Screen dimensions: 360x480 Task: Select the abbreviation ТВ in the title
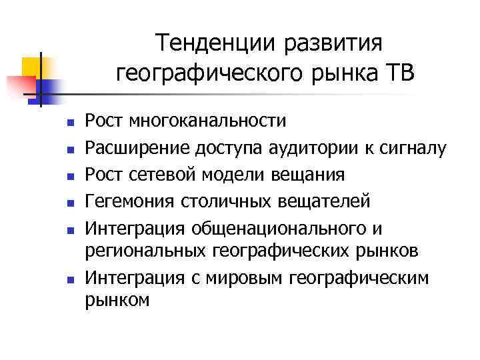tap(399, 72)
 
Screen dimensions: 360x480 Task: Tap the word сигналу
tap(413, 149)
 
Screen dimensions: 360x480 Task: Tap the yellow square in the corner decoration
tap(33, 67)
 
